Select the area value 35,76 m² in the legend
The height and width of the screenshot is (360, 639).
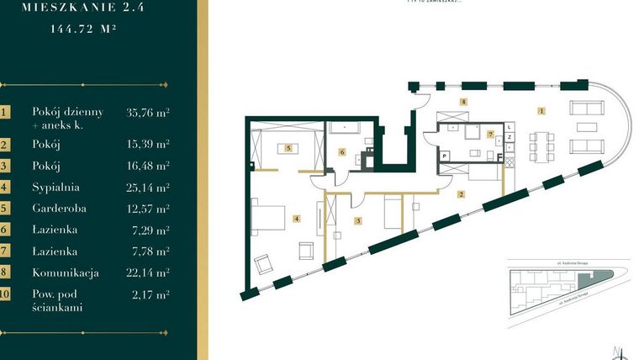click(x=148, y=111)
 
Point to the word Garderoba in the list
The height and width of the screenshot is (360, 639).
click(x=59, y=208)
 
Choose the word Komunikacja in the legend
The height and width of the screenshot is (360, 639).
click(x=66, y=273)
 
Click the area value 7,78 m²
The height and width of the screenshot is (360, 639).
click(x=148, y=251)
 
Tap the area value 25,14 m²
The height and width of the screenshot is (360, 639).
click(x=148, y=187)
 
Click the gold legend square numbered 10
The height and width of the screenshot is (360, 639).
click(x=5, y=294)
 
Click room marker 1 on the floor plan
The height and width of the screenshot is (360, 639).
click(x=542, y=110)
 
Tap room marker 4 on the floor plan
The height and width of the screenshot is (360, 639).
click(x=296, y=219)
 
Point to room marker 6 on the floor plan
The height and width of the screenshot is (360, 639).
click(x=342, y=152)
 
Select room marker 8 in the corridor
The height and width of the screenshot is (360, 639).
click(x=462, y=101)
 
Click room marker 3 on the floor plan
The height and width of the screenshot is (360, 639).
click(x=358, y=221)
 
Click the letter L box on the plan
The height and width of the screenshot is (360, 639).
click(x=510, y=126)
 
